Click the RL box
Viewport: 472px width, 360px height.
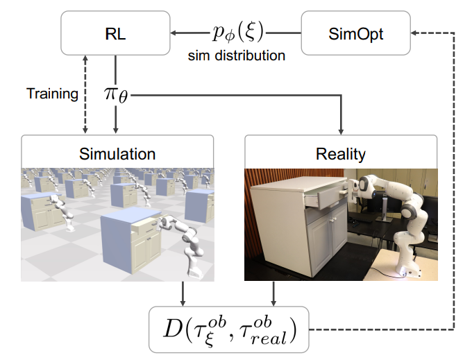(115, 33)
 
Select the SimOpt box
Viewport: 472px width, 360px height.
(354, 33)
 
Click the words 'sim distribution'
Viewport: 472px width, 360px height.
(237, 55)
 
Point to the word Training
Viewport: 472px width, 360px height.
(52, 94)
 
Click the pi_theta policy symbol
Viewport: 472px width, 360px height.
(115, 96)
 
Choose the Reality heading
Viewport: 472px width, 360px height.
(339, 152)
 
